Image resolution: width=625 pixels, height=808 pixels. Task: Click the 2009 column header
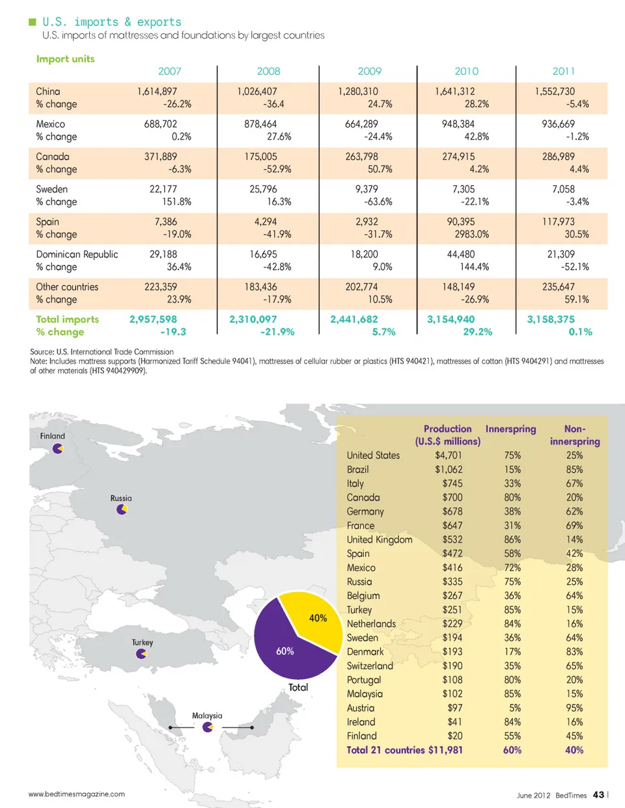[x=369, y=72]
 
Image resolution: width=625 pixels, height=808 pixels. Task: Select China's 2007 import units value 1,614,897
[x=157, y=92]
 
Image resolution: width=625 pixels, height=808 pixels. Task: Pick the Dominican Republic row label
[x=77, y=254]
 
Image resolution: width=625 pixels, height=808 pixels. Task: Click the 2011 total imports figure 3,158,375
[x=551, y=319]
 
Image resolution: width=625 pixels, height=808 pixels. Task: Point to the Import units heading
[x=65, y=59]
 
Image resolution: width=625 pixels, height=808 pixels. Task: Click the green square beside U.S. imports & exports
[x=33, y=22]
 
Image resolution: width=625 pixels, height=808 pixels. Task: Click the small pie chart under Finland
[x=58, y=448]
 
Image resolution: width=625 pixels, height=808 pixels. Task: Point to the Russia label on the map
[x=121, y=498]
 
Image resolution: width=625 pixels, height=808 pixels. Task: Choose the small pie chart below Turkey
[x=141, y=654]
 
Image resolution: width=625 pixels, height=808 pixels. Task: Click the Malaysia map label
[x=207, y=716]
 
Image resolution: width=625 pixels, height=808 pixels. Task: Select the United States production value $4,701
[x=449, y=455]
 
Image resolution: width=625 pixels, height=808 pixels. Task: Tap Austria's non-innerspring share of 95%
[x=574, y=708]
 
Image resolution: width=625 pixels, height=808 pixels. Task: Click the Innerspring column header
[x=510, y=429]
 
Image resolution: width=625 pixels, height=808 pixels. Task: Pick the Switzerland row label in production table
[x=370, y=666]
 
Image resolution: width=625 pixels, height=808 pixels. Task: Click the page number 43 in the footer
[x=598, y=795]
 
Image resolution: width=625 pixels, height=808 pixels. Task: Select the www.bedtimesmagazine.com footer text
[x=77, y=794]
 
